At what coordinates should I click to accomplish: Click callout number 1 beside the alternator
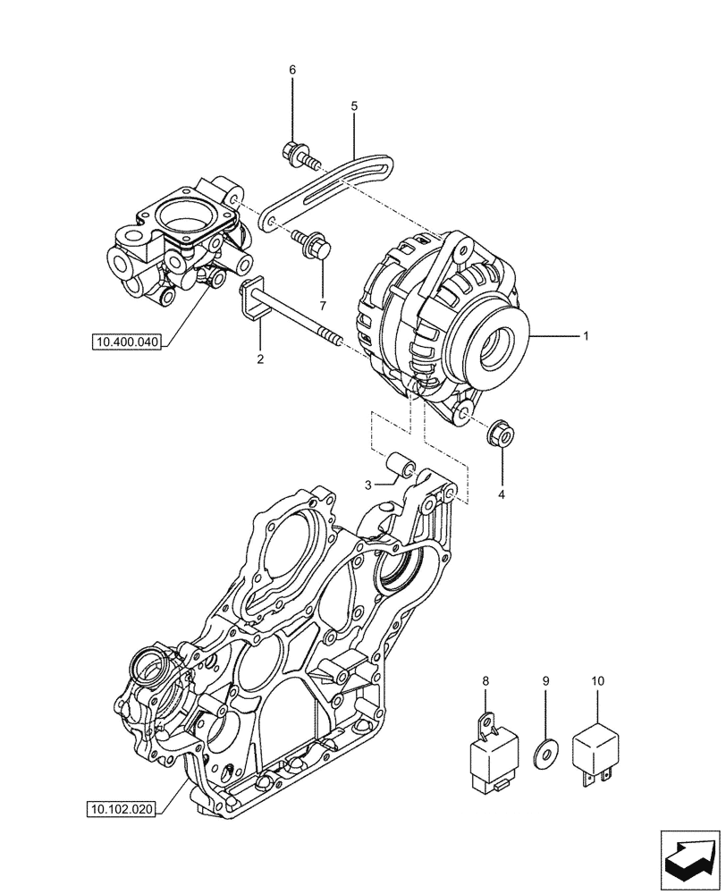pos(586,336)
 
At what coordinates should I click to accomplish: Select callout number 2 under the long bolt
pos(260,359)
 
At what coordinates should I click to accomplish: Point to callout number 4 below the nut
pos(502,493)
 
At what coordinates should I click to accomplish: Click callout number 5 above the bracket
pos(354,105)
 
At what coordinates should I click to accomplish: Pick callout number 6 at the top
pos(291,71)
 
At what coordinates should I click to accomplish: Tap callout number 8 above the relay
pos(486,681)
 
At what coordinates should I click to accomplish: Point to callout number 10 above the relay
pos(597,681)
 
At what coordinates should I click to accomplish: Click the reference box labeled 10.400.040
pos(126,342)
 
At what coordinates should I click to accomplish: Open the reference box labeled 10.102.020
pos(122,810)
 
